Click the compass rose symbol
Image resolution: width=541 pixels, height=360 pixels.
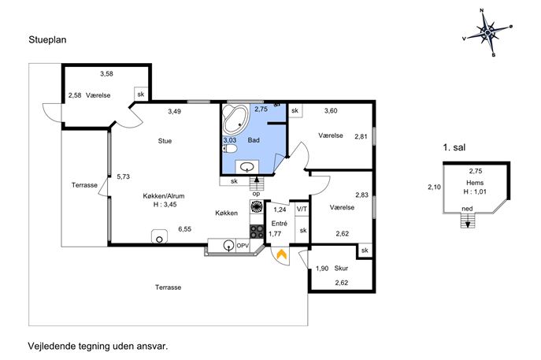coord(487,32)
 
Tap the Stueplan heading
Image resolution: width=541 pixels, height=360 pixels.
coord(47,40)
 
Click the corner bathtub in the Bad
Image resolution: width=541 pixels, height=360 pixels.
coord(235,120)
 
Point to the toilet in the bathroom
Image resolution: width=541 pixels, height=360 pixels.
coord(230,149)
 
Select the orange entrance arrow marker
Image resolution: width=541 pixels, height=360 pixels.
coord(282,254)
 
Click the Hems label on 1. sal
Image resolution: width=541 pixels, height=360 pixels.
coord(475,183)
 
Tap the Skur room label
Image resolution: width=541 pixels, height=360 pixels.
coord(341,268)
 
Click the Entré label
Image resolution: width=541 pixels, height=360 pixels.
coord(279,223)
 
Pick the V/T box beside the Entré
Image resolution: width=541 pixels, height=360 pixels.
coord(302,209)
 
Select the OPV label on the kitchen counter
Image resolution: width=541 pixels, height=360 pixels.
coord(243,246)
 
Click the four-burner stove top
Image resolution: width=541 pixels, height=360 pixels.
coord(257,232)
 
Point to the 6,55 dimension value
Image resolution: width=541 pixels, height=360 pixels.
coord(184,228)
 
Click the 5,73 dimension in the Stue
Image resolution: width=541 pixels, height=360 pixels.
coord(123,176)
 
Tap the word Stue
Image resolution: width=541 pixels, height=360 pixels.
coord(165,141)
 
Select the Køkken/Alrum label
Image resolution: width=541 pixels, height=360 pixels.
coord(164,196)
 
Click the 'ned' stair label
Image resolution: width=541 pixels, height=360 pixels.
coord(467,209)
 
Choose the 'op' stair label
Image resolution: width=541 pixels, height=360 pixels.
coord(256,194)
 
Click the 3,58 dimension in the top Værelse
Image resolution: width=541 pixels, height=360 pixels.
coord(106,73)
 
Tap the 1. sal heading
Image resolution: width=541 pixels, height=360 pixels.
coord(454,148)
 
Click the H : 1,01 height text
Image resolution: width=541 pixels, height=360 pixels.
coord(475,192)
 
